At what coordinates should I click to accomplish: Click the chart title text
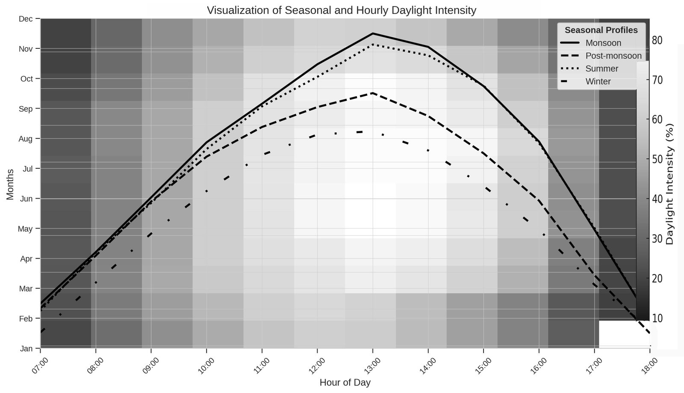(x=341, y=10)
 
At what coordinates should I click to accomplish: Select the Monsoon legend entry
(x=603, y=43)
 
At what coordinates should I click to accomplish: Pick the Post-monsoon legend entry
(x=613, y=56)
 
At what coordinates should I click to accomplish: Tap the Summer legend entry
(x=602, y=68)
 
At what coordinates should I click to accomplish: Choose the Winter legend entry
(x=598, y=81)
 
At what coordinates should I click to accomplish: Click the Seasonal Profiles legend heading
(x=601, y=30)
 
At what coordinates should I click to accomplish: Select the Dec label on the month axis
(x=27, y=19)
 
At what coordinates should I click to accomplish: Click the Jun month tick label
(x=27, y=199)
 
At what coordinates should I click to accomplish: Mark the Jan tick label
(x=27, y=348)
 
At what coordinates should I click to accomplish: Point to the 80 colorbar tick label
(x=657, y=40)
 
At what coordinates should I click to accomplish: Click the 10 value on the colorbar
(x=657, y=318)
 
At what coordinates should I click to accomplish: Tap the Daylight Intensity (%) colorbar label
(x=670, y=184)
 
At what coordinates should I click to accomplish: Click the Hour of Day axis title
(x=345, y=382)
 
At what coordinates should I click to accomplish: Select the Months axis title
(x=10, y=184)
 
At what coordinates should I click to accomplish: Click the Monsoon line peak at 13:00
(x=373, y=33)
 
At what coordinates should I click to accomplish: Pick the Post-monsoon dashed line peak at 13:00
(x=373, y=93)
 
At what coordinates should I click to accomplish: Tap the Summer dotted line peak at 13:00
(x=373, y=44)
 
